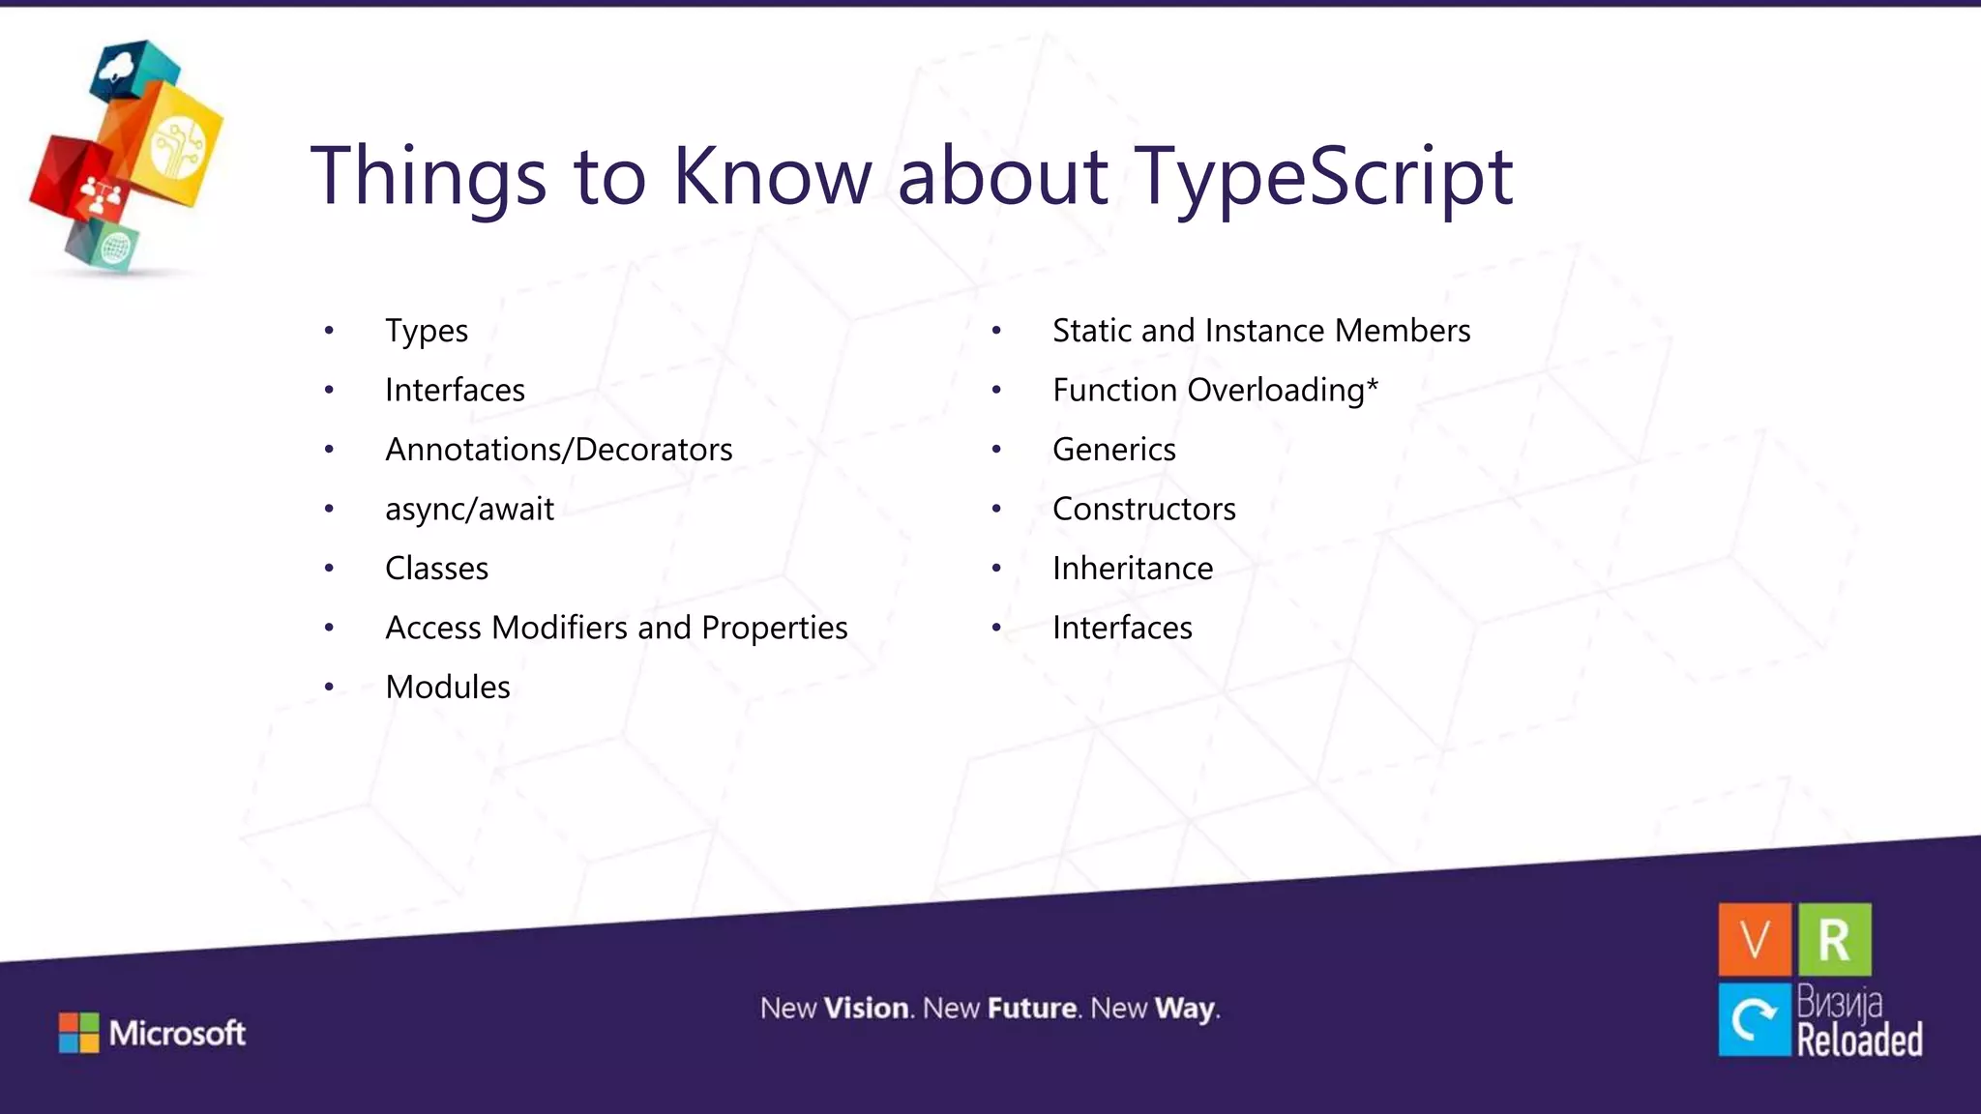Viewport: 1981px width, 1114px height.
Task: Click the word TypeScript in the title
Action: click(x=1323, y=176)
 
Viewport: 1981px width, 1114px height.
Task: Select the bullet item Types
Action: click(x=427, y=331)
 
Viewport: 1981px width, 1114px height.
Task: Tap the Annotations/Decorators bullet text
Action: click(x=558, y=450)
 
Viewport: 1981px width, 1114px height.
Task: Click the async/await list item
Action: click(x=469, y=510)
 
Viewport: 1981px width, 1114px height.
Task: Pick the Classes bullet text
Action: click(x=436, y=569)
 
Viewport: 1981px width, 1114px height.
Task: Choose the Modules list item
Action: click(x=447, y=688)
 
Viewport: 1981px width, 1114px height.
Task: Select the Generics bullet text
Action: click(x=1113, y=450)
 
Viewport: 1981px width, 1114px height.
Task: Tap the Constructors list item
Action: click(x=1143, y=510)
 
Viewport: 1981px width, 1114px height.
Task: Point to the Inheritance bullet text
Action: click(x=1132, y=569)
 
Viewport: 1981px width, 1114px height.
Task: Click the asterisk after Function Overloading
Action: click(x=1372, y=384)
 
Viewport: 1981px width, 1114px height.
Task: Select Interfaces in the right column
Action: click(x=1122, y=629)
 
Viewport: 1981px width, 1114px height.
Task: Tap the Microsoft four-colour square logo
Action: click(x=78, y=1033)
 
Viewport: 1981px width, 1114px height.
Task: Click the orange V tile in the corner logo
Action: click(x=1755, y=939)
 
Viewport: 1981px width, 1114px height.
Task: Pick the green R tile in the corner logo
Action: click(x=1834, y=939)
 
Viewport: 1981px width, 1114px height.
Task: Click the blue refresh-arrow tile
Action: click(x=1755, y=1019)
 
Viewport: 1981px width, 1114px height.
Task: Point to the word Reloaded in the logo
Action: click(x=1859, y=1041)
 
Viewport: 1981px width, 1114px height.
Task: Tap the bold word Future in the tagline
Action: click(x=1032, y=1009)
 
